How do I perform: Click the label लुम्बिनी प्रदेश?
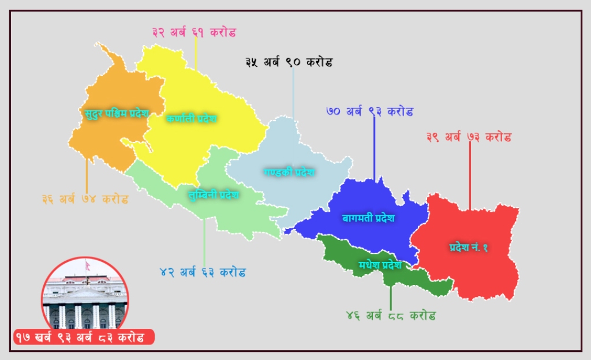coord(214,194)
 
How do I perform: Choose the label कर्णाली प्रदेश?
coord(191,118)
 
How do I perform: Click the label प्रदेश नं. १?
coord(469,247)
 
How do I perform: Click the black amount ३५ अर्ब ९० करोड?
coord(289,62)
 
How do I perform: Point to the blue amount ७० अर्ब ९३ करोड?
coord(369,111)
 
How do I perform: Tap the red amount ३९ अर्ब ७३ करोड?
coord(469,137)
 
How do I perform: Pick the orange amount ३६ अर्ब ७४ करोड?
coord(85,200)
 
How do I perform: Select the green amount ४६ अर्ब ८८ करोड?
coord(391,316)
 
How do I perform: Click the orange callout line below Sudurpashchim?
coord(87,176)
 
